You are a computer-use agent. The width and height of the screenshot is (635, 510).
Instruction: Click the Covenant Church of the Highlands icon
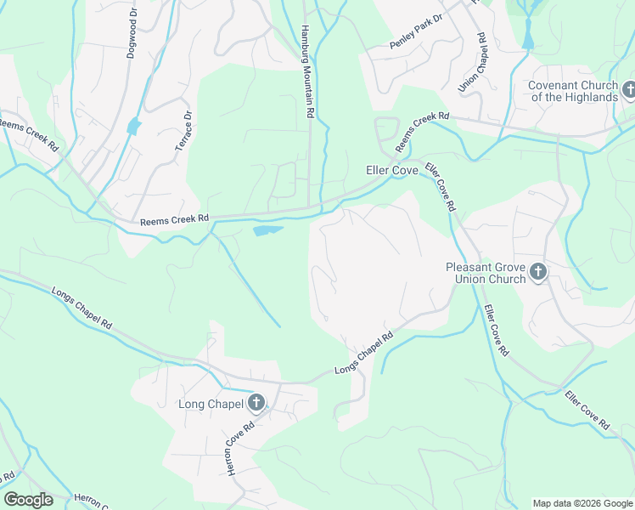(x=629, y=89)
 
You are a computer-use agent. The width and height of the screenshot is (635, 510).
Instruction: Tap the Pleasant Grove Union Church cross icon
(x=537, y=272)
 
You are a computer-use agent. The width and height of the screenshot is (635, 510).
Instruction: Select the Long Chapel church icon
(x=255, y=404)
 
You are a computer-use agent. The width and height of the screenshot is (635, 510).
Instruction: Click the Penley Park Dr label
(x=417, y=31)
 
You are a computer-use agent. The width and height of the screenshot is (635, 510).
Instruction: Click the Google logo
(x=28, y=500)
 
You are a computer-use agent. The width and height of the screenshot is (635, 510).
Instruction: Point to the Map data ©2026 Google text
(x=582, y=503)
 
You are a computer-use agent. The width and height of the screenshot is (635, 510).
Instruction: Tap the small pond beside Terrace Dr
(x=132, y=127)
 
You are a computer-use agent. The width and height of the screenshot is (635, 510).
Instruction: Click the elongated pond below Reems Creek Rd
(x=268, y=229)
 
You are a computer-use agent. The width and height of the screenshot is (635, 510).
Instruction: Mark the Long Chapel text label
(x=211, y=404)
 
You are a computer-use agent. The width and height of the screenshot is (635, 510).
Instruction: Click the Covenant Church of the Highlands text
(x=573, y=91)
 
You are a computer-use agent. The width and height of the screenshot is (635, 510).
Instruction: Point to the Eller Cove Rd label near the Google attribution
(x=587, y=410)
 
